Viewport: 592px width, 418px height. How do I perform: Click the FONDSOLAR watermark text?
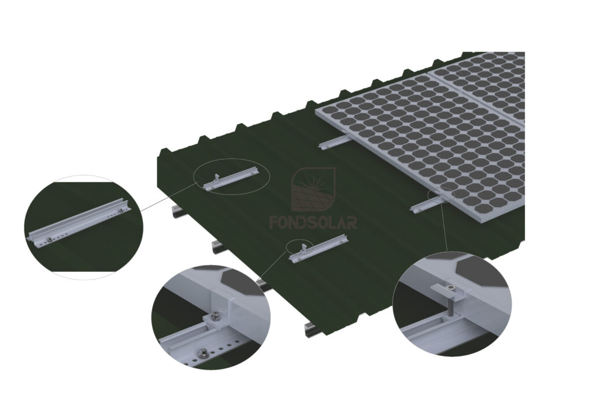[313, 222]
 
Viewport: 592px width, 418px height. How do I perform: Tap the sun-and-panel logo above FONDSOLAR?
[313, 191]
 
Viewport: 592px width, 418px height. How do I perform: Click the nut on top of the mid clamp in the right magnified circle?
[449, 285]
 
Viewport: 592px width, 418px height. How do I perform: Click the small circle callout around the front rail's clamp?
[298, 247]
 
